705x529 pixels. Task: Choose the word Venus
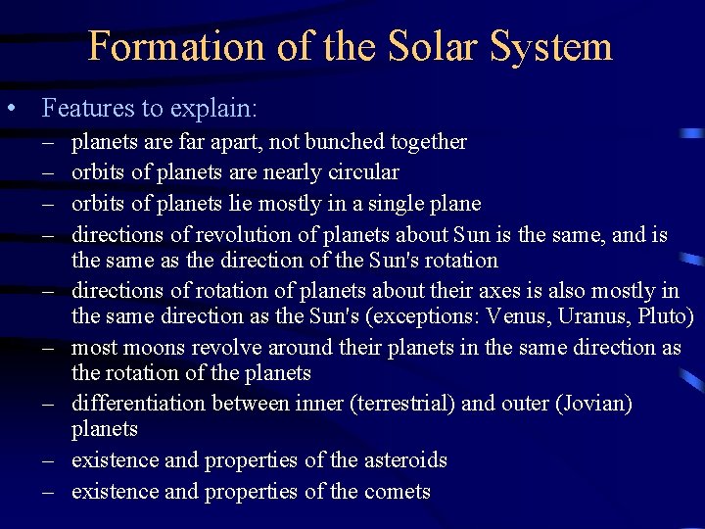[528, 316]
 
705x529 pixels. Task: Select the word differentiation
[133, 404]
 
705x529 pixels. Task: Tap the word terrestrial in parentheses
[400, 404]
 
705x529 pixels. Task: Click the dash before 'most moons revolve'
[47, 348]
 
